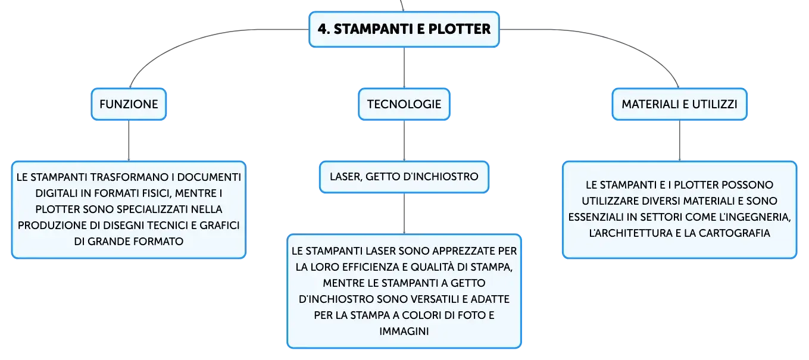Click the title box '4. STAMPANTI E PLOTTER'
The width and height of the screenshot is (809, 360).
click(x=404, y=29)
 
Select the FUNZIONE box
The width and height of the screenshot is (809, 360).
click(x=129, y=104)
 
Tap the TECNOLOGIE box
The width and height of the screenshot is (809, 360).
click(x=404, y=104)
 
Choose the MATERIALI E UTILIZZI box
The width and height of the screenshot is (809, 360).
click(x=679, y=104)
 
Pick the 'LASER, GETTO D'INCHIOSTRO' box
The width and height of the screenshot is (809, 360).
click(x=404, y=177)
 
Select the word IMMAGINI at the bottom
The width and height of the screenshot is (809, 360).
click(x=404, y=331)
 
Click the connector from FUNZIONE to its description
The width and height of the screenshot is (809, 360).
click(x=129, y=140)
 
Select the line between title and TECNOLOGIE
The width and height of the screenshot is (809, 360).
click(x=404, y=67)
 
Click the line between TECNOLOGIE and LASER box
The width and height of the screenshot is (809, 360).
click(x=404, y=140)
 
